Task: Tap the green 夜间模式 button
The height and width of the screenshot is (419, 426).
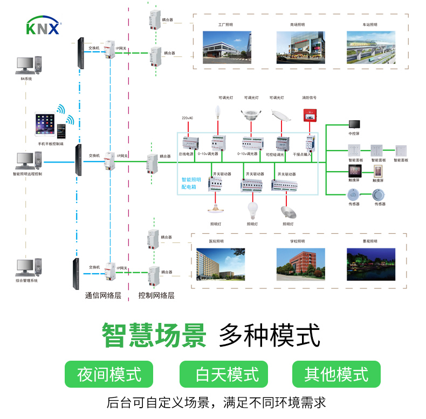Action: [109, 374]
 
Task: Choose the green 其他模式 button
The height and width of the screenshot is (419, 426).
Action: [336, 374]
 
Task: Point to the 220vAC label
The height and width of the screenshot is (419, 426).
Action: [187, 118]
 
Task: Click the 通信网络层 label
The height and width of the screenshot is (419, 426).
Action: [103, 295]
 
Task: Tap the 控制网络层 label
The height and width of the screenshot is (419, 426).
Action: [156, 295]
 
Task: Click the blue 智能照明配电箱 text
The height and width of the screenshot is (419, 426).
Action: [191, 183]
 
